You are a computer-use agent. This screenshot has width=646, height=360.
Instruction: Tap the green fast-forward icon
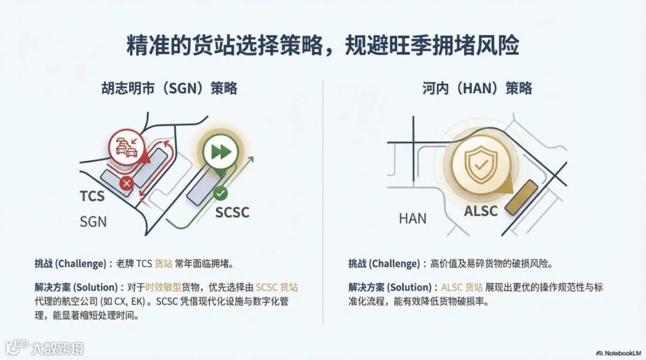pyautogui.click(x=220, y=152)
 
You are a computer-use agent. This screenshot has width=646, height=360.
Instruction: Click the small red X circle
pyautogui.click(x=126, y=184)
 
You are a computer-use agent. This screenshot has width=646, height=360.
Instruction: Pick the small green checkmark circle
pyautogui.click(x=220, y=193)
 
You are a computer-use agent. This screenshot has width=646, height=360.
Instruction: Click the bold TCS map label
pyautogui.click(x=92, y=196)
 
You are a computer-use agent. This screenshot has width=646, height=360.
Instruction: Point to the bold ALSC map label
pyautogui.click(x=480, y=211)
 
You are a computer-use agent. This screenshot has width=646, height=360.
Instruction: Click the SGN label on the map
pyautogui.click(x=93, y=222)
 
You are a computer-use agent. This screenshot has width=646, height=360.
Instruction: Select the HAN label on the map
pyautogui.click(x=413, y=218)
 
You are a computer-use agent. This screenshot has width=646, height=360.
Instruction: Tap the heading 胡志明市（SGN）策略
pyautogui.click(x=169, y=89)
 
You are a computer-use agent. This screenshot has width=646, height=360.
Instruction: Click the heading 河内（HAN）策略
pyautogui.click(x=477, y=89)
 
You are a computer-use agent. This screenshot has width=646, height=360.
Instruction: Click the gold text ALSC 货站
pyautogui.click(x=462, y=288)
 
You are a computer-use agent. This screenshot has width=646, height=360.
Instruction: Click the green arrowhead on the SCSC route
pyautogui.click(x=251, y=160)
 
